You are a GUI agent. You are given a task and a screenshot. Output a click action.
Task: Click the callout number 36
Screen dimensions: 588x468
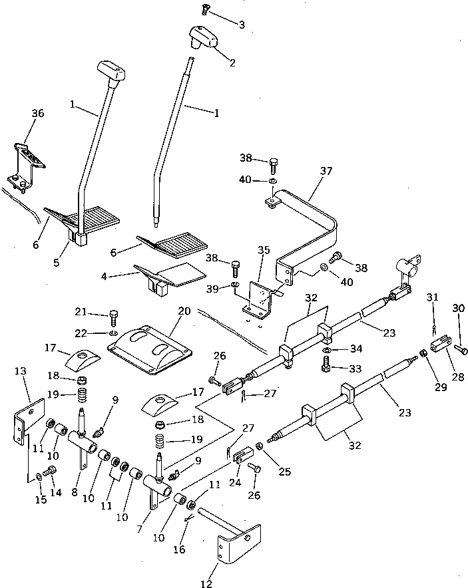point(37,114)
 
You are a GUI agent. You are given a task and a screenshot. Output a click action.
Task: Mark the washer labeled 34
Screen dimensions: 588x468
point(328,350)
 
